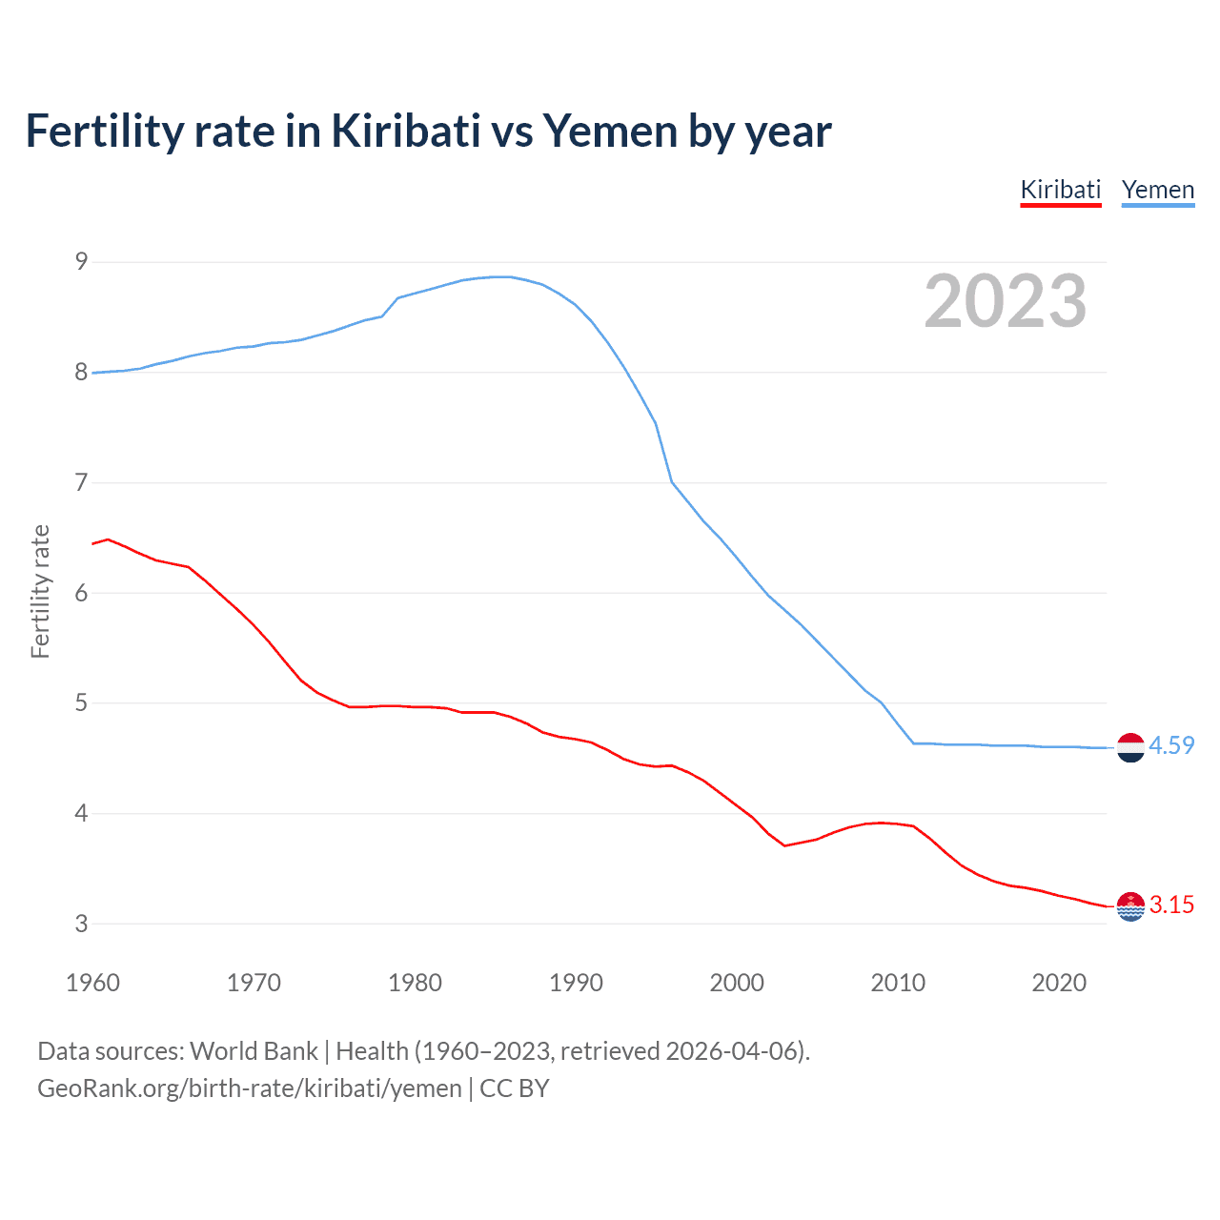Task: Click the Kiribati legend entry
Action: [x=1060, y=190]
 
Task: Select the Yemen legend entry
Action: [x=1157, y=190]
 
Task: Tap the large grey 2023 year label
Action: [x=1005, y=301]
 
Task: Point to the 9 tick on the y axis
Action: [x=82, y=261]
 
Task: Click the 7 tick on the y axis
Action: [x=82, y=482]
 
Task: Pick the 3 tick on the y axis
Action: [x=82, y=924]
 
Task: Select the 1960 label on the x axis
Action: [x=92, y=983]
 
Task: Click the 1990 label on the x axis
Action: [x=576, y=983]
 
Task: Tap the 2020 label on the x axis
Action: [x=1059, y=983]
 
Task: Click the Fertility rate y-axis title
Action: [x=40, y=591]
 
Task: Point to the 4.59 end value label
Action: [x=1171, y=745]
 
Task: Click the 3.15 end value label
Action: [x=1171, y=905]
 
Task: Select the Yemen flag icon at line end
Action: [x=1130, y=747]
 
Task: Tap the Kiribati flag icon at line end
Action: [x=1130, y=906]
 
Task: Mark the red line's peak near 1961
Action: [x=108, y=539]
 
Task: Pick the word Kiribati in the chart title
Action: [x=405, y=131]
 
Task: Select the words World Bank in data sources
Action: [x=254, y=1050]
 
